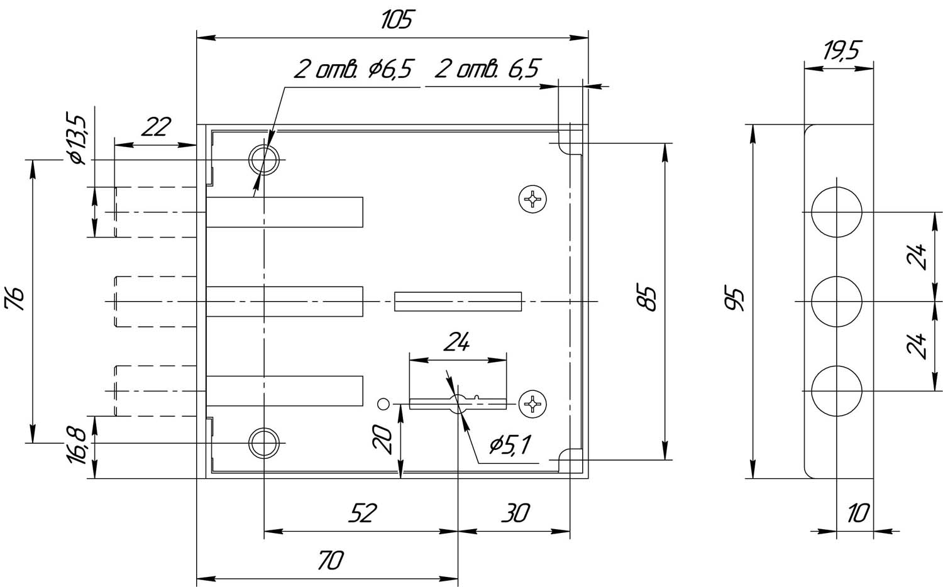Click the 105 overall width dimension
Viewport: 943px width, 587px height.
[x=397, y=19]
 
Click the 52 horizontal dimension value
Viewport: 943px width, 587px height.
[x=363, y=513]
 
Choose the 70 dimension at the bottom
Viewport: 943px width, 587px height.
[x=331, y=560]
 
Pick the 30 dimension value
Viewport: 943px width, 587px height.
[x=516, y=513]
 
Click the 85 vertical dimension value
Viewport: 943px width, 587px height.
[x=646, y=299]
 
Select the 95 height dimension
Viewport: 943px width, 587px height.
[x=735, y=299]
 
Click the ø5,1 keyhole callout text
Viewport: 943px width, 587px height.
[x=510, y=445]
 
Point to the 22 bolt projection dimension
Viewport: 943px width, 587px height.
[x=157, y=127]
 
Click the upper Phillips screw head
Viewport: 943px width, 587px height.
[x=532, y=199]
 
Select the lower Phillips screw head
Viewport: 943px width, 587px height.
[x=532, y=403]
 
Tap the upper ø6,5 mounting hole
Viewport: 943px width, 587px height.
[x=264, y=160]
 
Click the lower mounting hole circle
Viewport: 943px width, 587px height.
[x=264, y=443]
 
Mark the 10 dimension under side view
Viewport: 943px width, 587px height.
[x=858, y=513]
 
